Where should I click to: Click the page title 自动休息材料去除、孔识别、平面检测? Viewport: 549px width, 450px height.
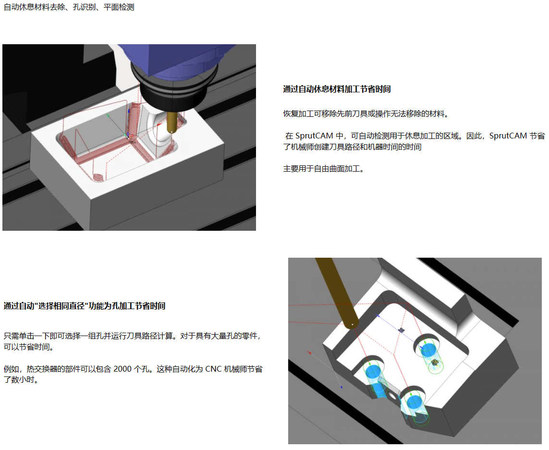pyautogui.click(x=69, y=7)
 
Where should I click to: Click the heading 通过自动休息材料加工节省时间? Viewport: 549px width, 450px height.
pyautogui.click(x=337, y=89)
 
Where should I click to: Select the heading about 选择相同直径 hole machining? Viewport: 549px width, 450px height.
pyautogui.click(x=85, y=306)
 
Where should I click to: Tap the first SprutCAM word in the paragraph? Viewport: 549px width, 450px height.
pyautogui.click(x=314, y=136)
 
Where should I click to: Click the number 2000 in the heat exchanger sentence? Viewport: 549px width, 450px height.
pyautogui.click(x=122, y=369)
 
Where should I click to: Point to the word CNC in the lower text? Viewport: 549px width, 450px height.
pyautogui.click(x=213, y=369)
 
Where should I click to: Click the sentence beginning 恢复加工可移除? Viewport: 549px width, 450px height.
pyautogui.click(x=366, y=114)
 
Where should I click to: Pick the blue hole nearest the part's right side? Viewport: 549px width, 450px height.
pyautogui.click(x=428, y=350)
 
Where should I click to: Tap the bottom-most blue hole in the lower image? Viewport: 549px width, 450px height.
pyautogui.click(x=414, y=402)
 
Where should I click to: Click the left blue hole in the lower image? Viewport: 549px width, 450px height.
pyautogui.click(x=373, y=372)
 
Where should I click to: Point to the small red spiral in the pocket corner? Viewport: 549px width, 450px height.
pyautogui.click(x=98, y=178)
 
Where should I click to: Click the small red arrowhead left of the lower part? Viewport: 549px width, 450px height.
pyautogui.click(x=309, y=352)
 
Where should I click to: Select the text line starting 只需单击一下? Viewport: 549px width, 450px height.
pyautogui.click(x=133, y=336)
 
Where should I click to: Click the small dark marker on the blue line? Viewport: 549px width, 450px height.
pyautogui.click(x=402, y=330)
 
